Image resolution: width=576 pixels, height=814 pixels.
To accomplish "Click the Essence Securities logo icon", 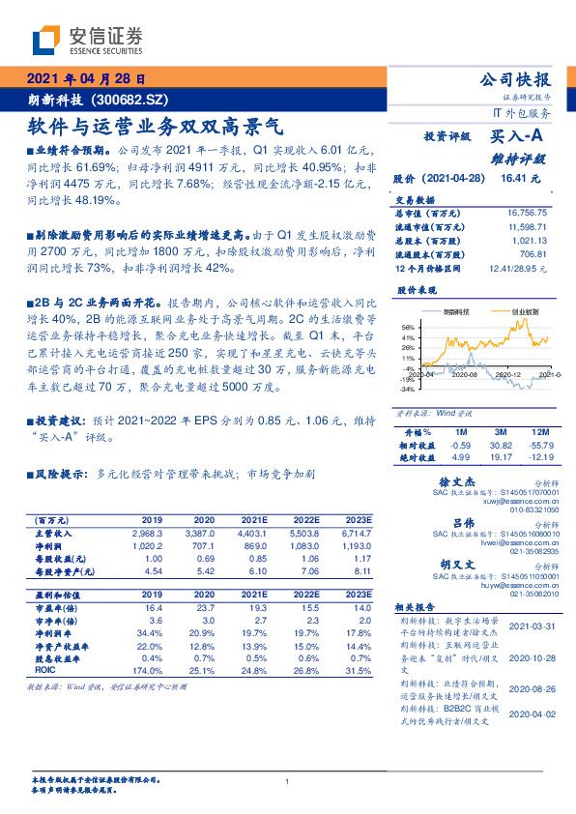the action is tap(45, 40).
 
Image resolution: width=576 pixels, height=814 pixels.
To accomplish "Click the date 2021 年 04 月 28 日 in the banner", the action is tap(85, 80).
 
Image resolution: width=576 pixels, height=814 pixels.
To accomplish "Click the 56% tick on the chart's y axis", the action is tap(409, 328).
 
